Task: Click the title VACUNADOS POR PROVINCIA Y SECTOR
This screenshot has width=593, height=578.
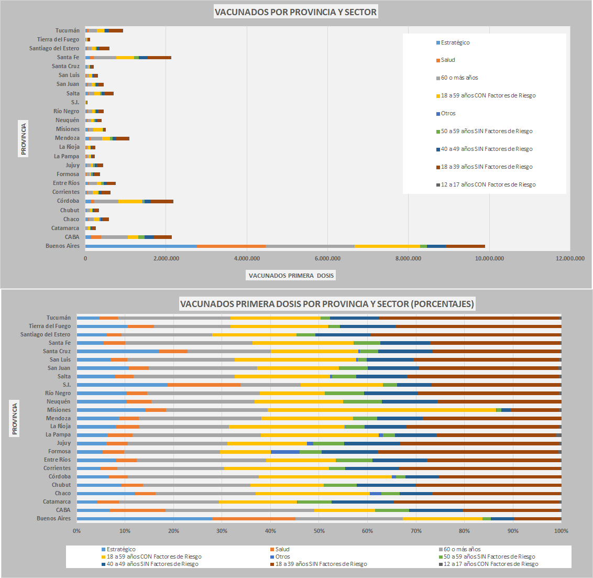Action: pos(295,12)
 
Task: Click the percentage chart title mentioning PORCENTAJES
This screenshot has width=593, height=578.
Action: pos(327,304)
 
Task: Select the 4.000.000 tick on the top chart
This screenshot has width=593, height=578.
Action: pos(247,258)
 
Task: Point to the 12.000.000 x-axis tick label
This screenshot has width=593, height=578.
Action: pos(570,258)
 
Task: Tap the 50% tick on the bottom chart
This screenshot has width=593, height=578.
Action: pos(319,531)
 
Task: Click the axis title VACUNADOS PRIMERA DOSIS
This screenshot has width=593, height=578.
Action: pos(291,276)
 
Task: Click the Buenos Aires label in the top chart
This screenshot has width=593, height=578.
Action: pos(62,246)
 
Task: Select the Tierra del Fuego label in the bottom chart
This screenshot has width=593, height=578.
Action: pos(50,326)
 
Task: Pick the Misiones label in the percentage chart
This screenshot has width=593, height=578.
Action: pos(59,410)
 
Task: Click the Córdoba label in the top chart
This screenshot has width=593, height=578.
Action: pos(68,201)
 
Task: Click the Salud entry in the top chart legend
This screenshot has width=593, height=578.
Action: pos(448,60)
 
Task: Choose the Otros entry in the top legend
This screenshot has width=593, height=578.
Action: pos(448,113)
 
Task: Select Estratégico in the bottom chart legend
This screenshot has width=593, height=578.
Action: pos(120,549)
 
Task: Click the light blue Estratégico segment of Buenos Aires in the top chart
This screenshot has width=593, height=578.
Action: pos(141,246)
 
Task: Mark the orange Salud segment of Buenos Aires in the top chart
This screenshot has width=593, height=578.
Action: pos(231,246)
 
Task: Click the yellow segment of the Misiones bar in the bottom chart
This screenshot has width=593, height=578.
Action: pos(381,410)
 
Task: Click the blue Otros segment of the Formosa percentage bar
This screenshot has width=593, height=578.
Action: pos(285,451)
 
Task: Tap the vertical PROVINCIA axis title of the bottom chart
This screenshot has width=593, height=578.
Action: pos(15,418)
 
